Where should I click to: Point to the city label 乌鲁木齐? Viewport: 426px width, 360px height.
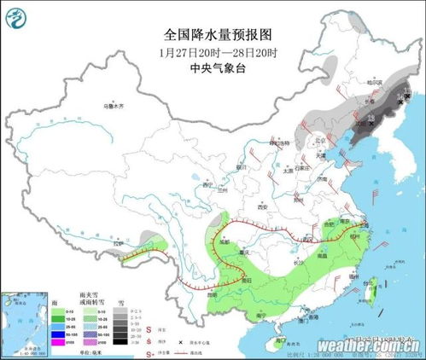click(x=114, y=106)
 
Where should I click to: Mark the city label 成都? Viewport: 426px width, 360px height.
click(x=225, y=242)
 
